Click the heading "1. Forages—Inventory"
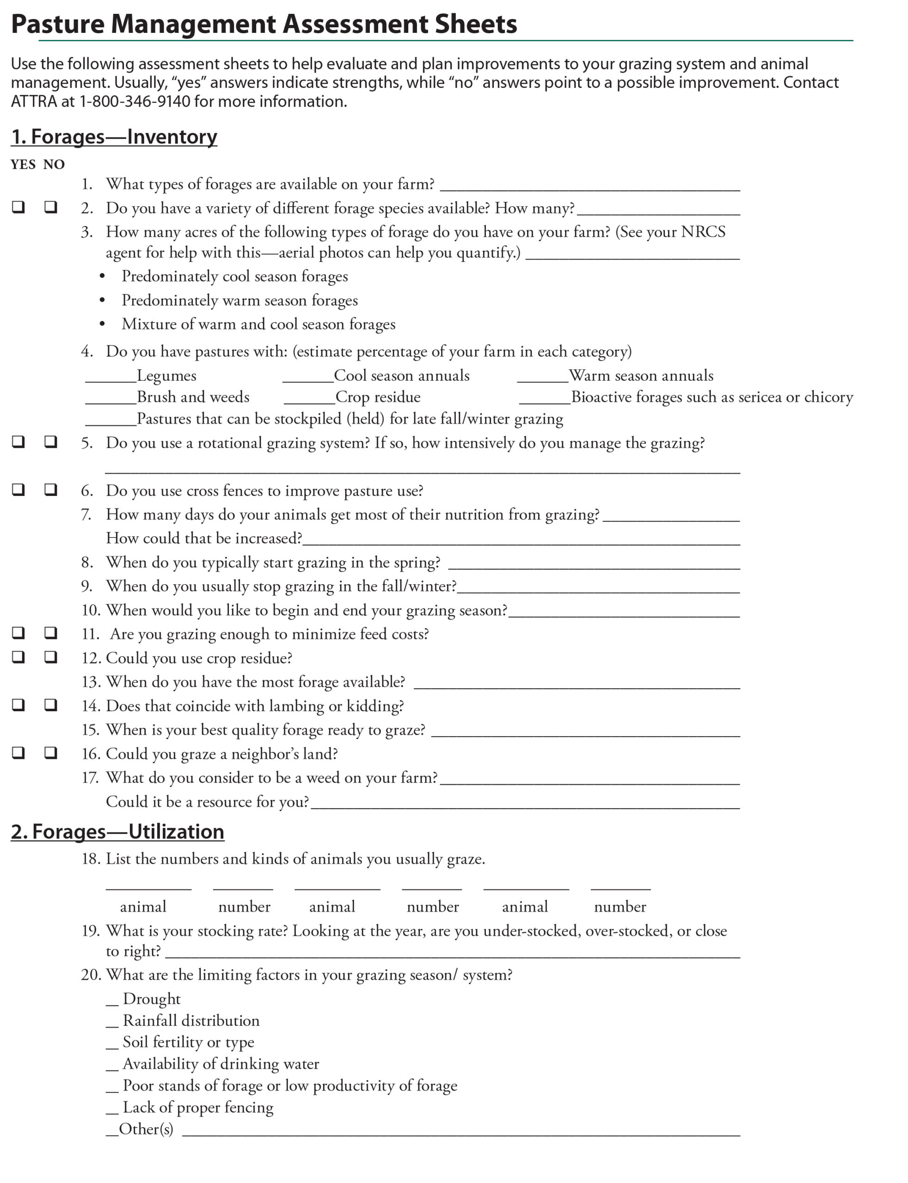[x=114, y=137]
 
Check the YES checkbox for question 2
[x=18, y=207]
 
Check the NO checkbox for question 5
[x=51, y=441]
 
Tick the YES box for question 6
[x=18, y=489]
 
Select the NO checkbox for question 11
[x=51, y=632]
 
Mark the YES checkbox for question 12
[x=18, y=656]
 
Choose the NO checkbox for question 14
[x=51, y=704]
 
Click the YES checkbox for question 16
[x=18, y=752]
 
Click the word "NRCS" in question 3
[x=703, y=232]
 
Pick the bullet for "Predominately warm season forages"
[x=102, y=301]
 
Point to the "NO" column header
[x=54, y=164]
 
